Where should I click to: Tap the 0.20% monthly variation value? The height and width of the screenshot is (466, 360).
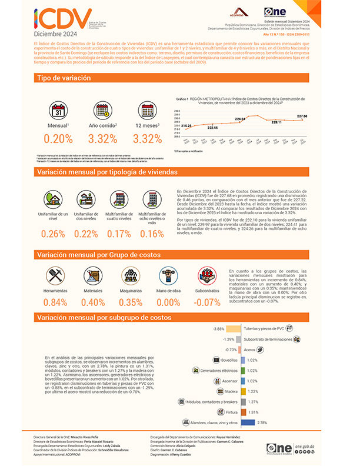(x=58, y=139)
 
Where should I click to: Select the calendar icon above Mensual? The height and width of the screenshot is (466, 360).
(x=58, y=111)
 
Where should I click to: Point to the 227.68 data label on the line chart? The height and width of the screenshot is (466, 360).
(x=303, y=117)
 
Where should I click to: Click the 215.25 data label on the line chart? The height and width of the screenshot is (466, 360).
(x=186, y=126)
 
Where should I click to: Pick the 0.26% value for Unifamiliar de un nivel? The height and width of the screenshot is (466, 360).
(x=52, y=234)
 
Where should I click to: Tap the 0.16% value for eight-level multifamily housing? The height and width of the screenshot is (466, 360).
(x=152, y=234)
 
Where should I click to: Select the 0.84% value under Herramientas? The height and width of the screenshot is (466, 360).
(x=56, y=302)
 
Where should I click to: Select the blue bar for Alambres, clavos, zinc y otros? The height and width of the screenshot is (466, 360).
(x=247, y=422)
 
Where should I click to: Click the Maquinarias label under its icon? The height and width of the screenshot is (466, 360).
(x=130, y=291)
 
